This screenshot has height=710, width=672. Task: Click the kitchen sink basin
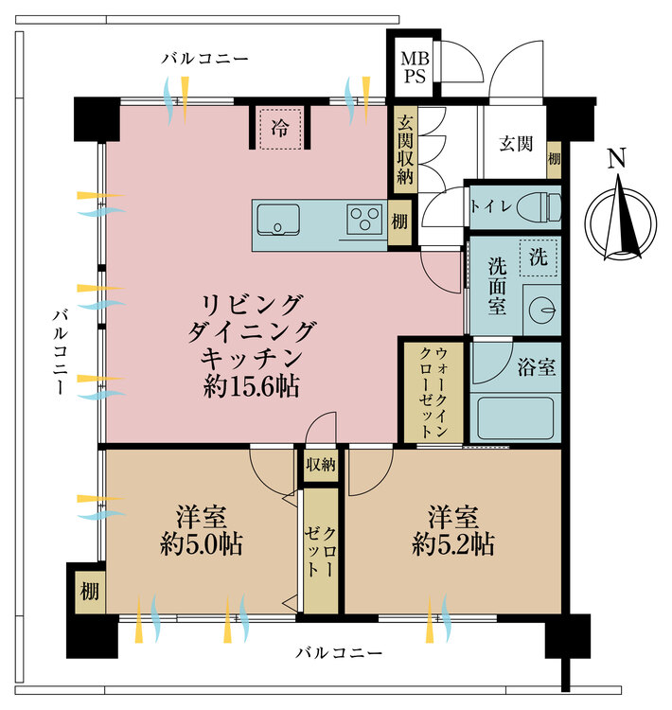pos(277,222)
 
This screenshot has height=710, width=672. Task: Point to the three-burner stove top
pos(363,220)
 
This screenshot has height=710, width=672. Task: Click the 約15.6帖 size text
pos(252,386)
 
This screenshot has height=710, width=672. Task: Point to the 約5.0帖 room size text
pos(201,544)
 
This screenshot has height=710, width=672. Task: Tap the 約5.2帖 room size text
pos(452,544)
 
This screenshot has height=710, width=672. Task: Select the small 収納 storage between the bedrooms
pos(321,465)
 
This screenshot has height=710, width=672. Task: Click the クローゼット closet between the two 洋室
pos(320,551)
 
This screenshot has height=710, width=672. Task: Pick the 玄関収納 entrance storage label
pos(405,149)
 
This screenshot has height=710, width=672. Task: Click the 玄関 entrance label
pos(516,144)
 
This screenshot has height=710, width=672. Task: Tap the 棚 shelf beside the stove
pos(399,221)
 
